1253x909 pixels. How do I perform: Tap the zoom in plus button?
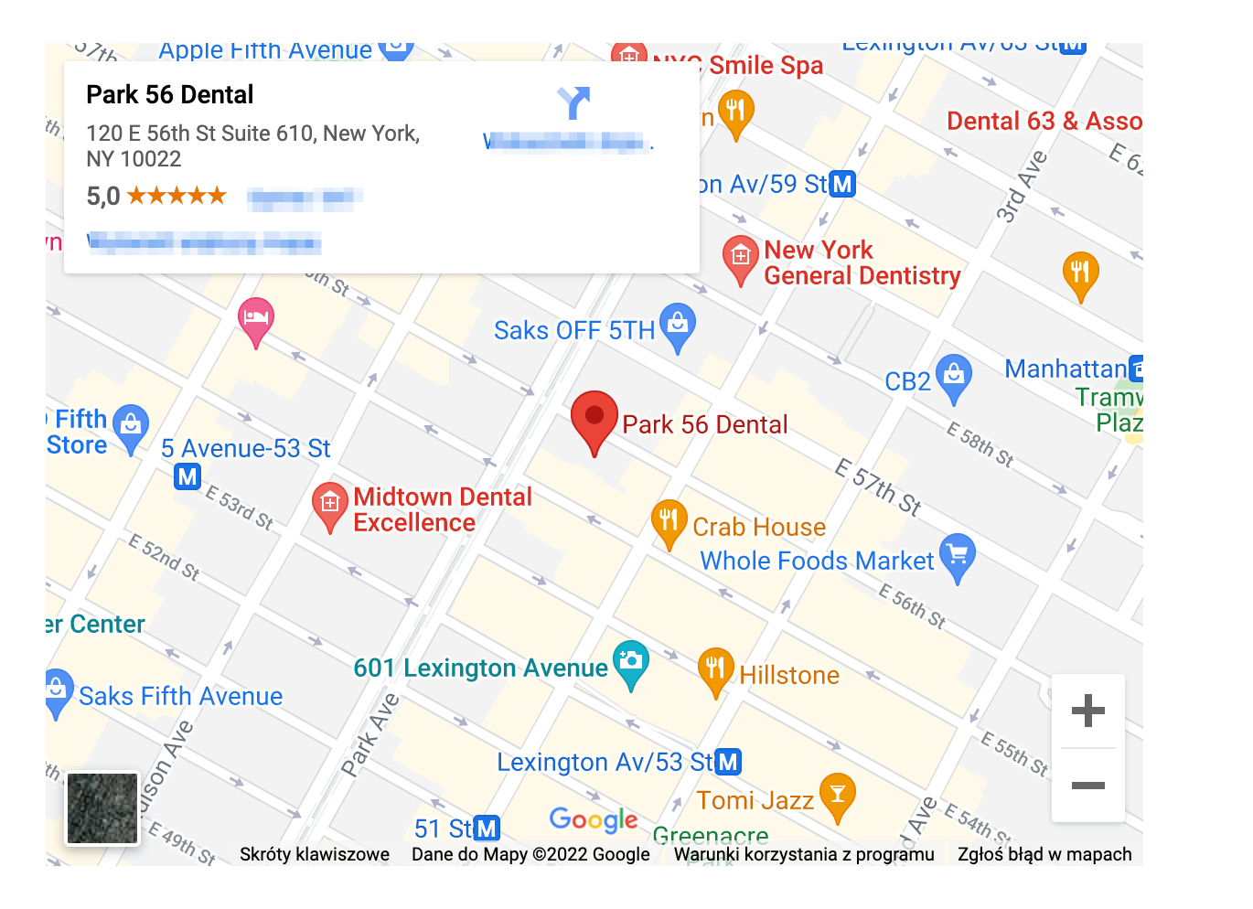1087,711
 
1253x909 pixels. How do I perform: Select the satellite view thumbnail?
102,808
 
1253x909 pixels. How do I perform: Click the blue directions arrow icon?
573,103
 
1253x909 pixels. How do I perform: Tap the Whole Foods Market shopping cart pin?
957,555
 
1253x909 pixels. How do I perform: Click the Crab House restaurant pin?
669,521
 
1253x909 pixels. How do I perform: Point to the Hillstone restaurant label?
789,675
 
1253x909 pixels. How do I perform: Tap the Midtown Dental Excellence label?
443,509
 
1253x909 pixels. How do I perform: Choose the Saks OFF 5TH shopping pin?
678,325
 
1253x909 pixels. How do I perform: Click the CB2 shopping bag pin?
953,376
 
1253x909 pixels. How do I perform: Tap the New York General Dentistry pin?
740,258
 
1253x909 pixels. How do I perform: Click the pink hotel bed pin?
256,319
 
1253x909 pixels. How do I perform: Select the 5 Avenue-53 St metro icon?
187,476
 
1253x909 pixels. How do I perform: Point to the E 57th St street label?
878,487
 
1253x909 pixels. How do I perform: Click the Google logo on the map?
594,819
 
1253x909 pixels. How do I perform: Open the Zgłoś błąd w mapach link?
1044,854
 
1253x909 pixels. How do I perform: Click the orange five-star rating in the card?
177,195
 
